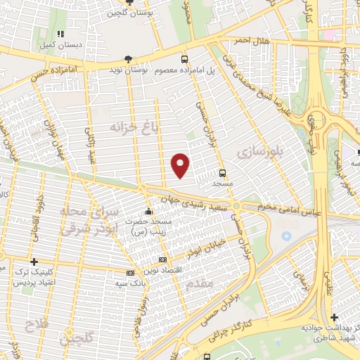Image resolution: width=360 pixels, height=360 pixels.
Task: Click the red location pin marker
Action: click(181, 165)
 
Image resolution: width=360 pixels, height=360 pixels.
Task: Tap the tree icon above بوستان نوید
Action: click(127, 59)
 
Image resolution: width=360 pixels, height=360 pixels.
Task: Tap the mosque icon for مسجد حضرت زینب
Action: click(148, 212)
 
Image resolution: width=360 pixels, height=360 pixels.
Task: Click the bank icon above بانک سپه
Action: click(130, 272)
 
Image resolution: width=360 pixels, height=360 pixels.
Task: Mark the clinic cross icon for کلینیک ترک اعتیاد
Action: click(34, 261)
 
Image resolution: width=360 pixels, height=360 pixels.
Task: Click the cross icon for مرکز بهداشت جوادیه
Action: click(334, 318)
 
